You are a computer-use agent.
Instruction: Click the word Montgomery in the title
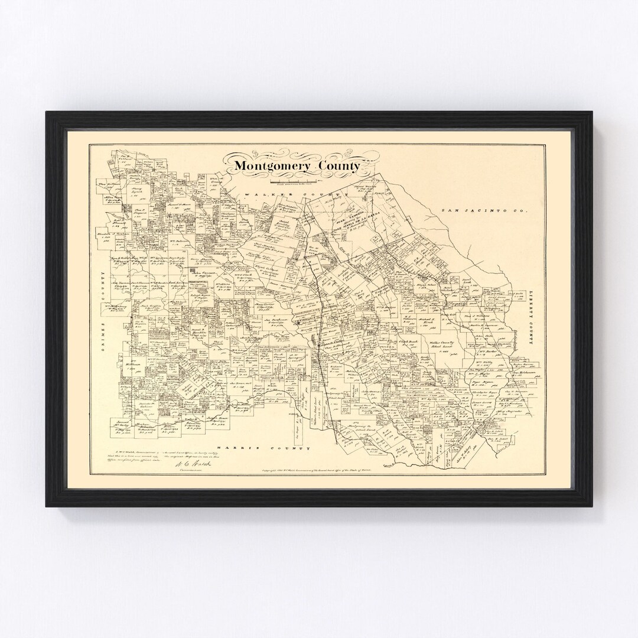[x=273, y=166]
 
